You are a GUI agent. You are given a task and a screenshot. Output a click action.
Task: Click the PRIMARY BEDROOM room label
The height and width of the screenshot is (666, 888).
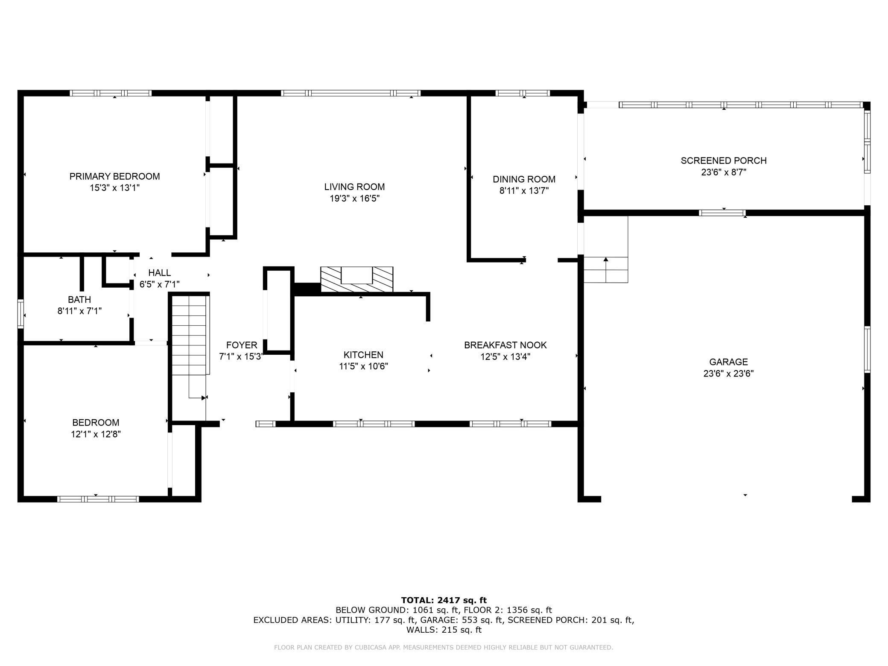coord(114,176)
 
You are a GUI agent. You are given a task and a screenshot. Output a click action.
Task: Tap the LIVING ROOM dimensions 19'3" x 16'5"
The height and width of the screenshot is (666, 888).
coord(354,199)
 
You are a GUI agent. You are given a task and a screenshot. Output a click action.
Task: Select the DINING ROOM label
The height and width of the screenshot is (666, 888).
coord(524,179)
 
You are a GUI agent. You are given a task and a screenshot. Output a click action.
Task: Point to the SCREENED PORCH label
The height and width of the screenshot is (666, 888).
coord(724,161)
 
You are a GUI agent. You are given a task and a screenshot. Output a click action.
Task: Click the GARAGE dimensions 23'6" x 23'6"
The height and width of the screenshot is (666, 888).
coord(728,374)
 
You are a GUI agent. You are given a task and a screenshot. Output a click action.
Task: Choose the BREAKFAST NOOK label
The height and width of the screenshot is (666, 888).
coord(505,345)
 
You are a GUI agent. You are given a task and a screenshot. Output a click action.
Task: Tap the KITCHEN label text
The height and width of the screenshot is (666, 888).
coord(363,355)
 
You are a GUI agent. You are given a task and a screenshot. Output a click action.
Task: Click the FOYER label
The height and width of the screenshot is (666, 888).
coord(242,345)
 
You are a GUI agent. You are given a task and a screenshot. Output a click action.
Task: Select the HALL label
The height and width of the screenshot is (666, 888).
coord(159,273)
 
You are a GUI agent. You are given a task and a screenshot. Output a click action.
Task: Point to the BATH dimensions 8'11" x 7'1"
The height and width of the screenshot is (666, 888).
coord(79,311)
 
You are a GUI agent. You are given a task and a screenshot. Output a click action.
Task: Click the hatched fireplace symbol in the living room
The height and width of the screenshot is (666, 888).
coord(356,280)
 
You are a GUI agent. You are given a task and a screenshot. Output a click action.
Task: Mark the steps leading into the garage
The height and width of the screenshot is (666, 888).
coord(606,270)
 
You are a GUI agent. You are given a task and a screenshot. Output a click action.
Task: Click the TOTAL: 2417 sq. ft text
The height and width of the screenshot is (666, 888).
coord(444,600)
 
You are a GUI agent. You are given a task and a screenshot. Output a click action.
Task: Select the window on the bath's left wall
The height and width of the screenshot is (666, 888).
coord(20,314)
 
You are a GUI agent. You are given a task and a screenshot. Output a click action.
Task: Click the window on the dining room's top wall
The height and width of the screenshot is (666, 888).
coord(523,93)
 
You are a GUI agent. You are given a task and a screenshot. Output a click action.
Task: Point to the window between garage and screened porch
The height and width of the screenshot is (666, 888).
coord(722,213)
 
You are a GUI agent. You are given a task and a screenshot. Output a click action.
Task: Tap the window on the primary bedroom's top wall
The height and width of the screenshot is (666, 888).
coord(111,93)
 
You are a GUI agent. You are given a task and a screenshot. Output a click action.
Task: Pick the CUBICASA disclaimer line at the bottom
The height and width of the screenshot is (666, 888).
coord(444,648)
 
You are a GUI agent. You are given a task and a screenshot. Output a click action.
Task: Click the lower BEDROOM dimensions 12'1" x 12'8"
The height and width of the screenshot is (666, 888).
coord(96,434)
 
